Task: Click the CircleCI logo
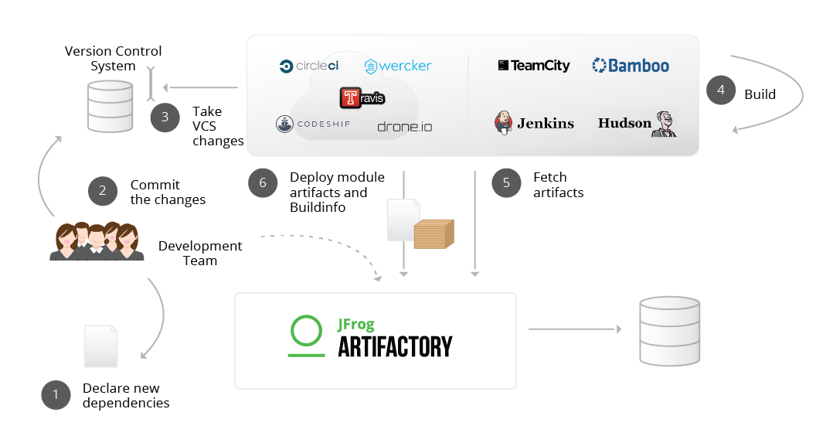tap(309, 66)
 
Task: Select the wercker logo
tap(398, 66)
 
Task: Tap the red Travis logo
tap(362, 98)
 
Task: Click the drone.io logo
tap(404, 126)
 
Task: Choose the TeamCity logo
tap(534, 66)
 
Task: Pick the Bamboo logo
tap(631, 66)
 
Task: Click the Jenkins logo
tap(534, 123)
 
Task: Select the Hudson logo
tap(637, 124)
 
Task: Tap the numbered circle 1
tap(56, 395)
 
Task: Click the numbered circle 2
tap(103, 191)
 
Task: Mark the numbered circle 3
tap(165, 118)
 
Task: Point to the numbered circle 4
tap(721, 90)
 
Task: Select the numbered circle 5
tap(506, 182)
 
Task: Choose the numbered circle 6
tap(263, 182)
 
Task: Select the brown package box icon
tap(433, 234)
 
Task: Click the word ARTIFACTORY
tap(395, 347)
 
